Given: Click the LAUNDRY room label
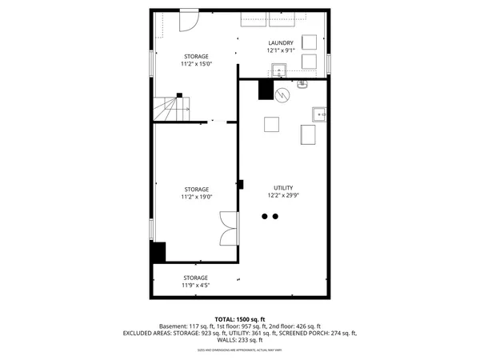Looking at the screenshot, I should (280, 43).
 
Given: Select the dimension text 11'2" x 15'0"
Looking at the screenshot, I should (195, 63).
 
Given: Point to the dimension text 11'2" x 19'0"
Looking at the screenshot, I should (195, 196).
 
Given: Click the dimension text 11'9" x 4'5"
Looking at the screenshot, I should (195, 285).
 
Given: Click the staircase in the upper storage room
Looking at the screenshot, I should (169, 108).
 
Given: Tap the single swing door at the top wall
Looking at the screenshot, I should (189, 20).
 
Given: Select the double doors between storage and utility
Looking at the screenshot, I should (229, 229).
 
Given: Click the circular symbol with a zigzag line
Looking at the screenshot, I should (281, 94).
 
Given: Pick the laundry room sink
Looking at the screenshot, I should (278, 70).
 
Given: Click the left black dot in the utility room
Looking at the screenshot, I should (265, 216).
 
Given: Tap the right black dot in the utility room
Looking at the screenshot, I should (275, 216).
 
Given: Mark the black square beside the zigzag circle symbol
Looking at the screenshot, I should (266, 90).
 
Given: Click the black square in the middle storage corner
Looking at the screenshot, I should (158, 252).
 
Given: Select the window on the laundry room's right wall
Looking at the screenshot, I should (328, 62).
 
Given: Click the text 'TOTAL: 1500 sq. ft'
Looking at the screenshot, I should (240, 319).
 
